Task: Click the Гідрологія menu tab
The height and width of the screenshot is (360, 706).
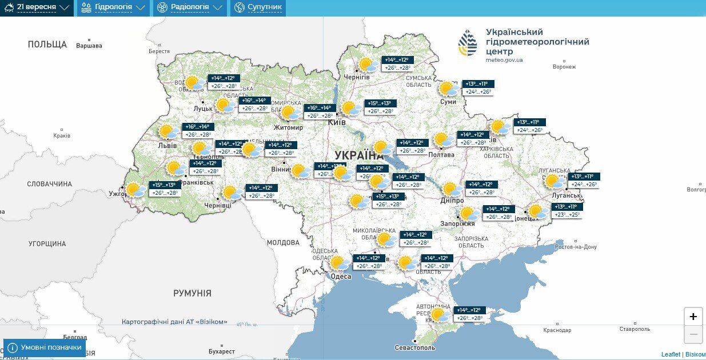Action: [x=113, y=7]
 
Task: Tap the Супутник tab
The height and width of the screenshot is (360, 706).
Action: [x=258, y=7]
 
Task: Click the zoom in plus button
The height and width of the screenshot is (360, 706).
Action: [x=693, y=317]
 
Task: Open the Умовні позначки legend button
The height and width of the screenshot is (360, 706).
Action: [x=45, y=347]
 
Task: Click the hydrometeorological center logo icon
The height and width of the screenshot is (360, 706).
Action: [x=467, y=43]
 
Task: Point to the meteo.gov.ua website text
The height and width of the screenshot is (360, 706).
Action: [x=504, y=60]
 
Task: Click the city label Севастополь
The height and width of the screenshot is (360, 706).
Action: [x=414, y=347]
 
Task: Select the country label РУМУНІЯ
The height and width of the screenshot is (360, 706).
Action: [x=192, y=293]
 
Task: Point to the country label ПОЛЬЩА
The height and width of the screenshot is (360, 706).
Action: [x=47, y=44]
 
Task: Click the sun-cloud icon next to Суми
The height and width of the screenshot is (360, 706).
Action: [x=448, y=89]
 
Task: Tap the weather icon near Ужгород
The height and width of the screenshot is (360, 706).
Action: [x=135, y=190]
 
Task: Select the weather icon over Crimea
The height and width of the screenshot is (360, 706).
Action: [x=439, y=315]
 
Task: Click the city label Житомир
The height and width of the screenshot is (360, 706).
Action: [x=288, y=127]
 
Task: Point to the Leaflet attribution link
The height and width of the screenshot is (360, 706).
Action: [x=671, y=354]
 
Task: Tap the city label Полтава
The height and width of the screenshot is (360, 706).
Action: [x=441, y=154]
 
